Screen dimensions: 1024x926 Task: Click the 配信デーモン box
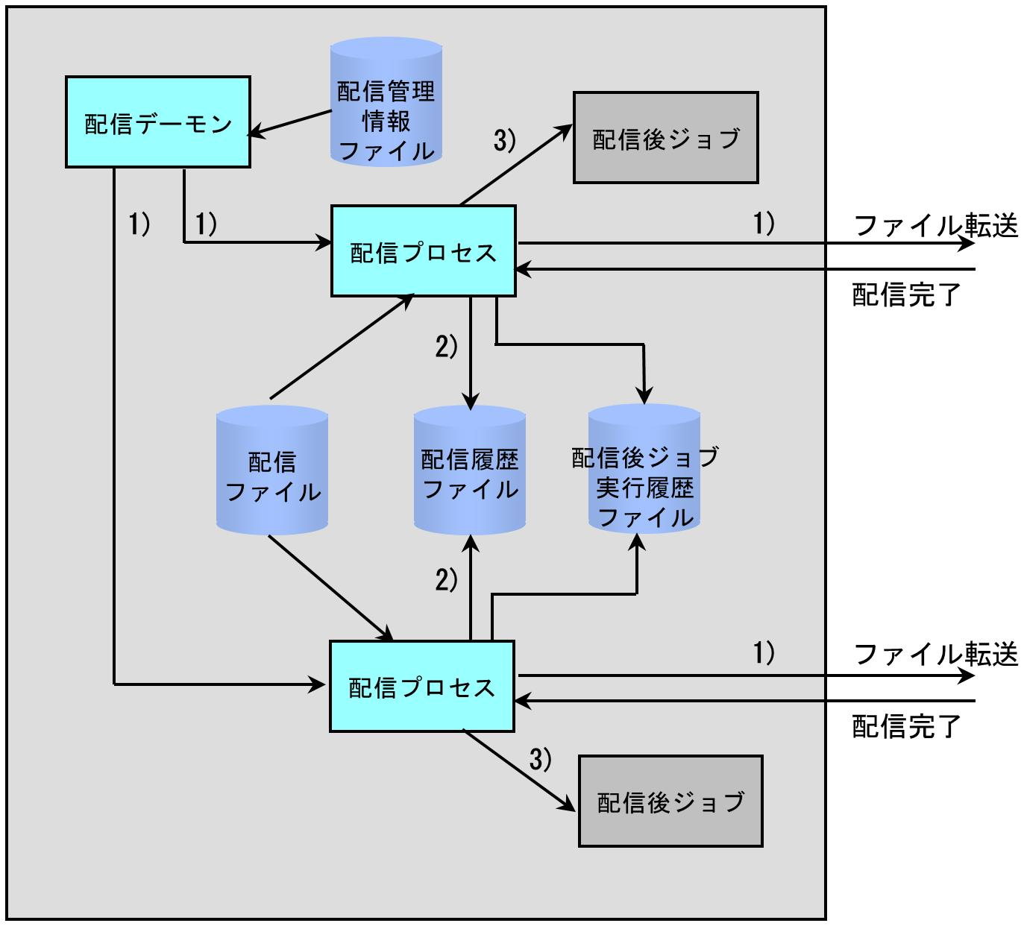[157, 122]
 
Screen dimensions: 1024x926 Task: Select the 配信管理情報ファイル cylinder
[386, 101]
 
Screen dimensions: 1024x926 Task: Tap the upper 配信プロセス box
[423, 251]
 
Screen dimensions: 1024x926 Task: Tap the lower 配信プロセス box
[421, 687]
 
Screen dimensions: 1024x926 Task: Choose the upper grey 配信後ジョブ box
[666, 137]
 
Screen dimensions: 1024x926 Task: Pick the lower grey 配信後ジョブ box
[670, 801]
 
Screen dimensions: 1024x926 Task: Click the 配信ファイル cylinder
[272, 470]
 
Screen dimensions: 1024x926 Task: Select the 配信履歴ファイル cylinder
[470, 470]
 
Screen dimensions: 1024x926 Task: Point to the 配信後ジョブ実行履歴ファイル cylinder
[644, 469]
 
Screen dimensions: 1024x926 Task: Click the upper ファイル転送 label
[936, 225]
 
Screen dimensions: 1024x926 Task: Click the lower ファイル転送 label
[936, 654]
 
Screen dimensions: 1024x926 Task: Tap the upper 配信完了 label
[907, 295]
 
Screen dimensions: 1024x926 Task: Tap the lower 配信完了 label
[907, 726]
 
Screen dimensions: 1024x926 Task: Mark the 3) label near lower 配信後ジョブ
[541, 759]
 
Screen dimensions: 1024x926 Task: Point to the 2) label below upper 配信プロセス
[446, 347]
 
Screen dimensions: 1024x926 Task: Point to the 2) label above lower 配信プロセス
[446, 580]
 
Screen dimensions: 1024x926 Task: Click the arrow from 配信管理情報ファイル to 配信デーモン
[289, 123]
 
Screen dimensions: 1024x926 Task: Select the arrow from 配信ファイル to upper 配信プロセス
[342, 346]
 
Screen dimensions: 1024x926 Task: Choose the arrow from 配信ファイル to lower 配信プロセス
[331, 588]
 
